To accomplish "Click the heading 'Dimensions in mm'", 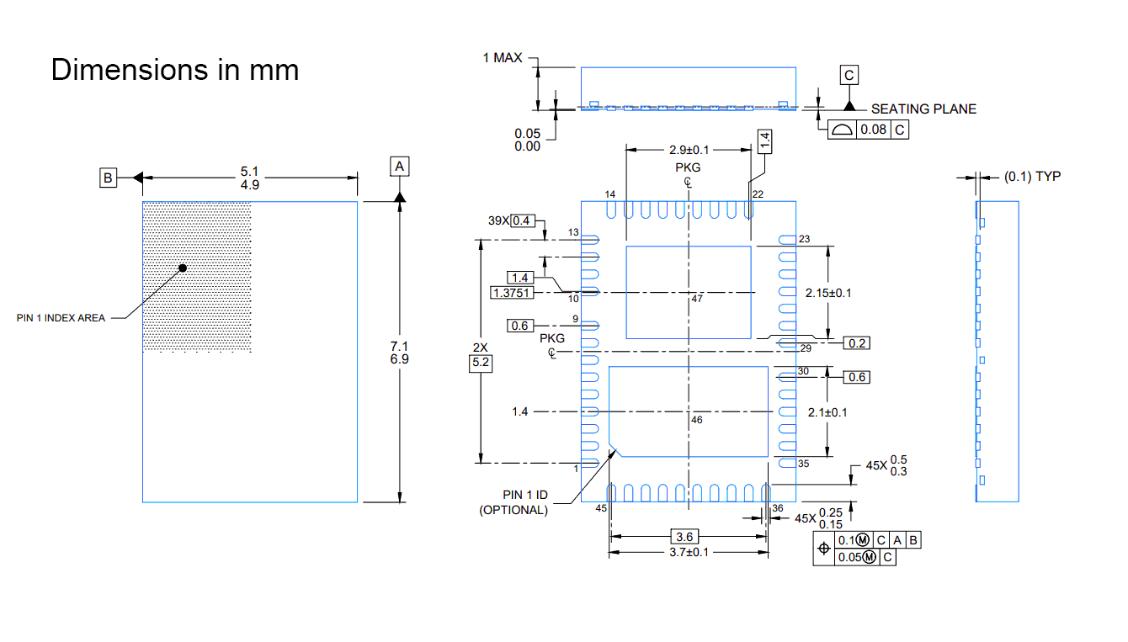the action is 175,70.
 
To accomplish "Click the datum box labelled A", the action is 399,166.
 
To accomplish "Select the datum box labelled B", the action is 108,178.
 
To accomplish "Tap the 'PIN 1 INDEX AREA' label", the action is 61,318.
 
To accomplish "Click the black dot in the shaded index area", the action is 183,268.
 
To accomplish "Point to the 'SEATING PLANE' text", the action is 923,109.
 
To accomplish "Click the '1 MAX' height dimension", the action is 502,58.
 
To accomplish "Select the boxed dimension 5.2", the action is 481,363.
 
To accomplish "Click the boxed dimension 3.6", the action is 684,536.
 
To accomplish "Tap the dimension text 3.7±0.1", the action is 689,552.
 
